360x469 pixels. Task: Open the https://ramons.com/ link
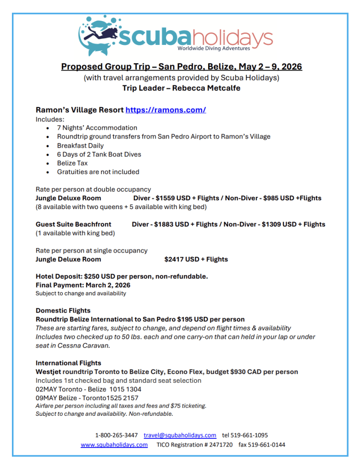[166, 110]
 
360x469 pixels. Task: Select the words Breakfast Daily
[80, 145]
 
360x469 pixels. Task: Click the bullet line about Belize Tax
[72, 163]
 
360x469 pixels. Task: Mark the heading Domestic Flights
[63, 310]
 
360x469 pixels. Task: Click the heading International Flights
[68, 363]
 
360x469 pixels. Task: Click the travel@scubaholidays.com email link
[180, 435]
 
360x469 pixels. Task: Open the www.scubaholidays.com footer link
[114, 445]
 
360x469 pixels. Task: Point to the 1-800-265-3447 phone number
[116, 435]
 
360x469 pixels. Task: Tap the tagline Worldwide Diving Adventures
[214, 49]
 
